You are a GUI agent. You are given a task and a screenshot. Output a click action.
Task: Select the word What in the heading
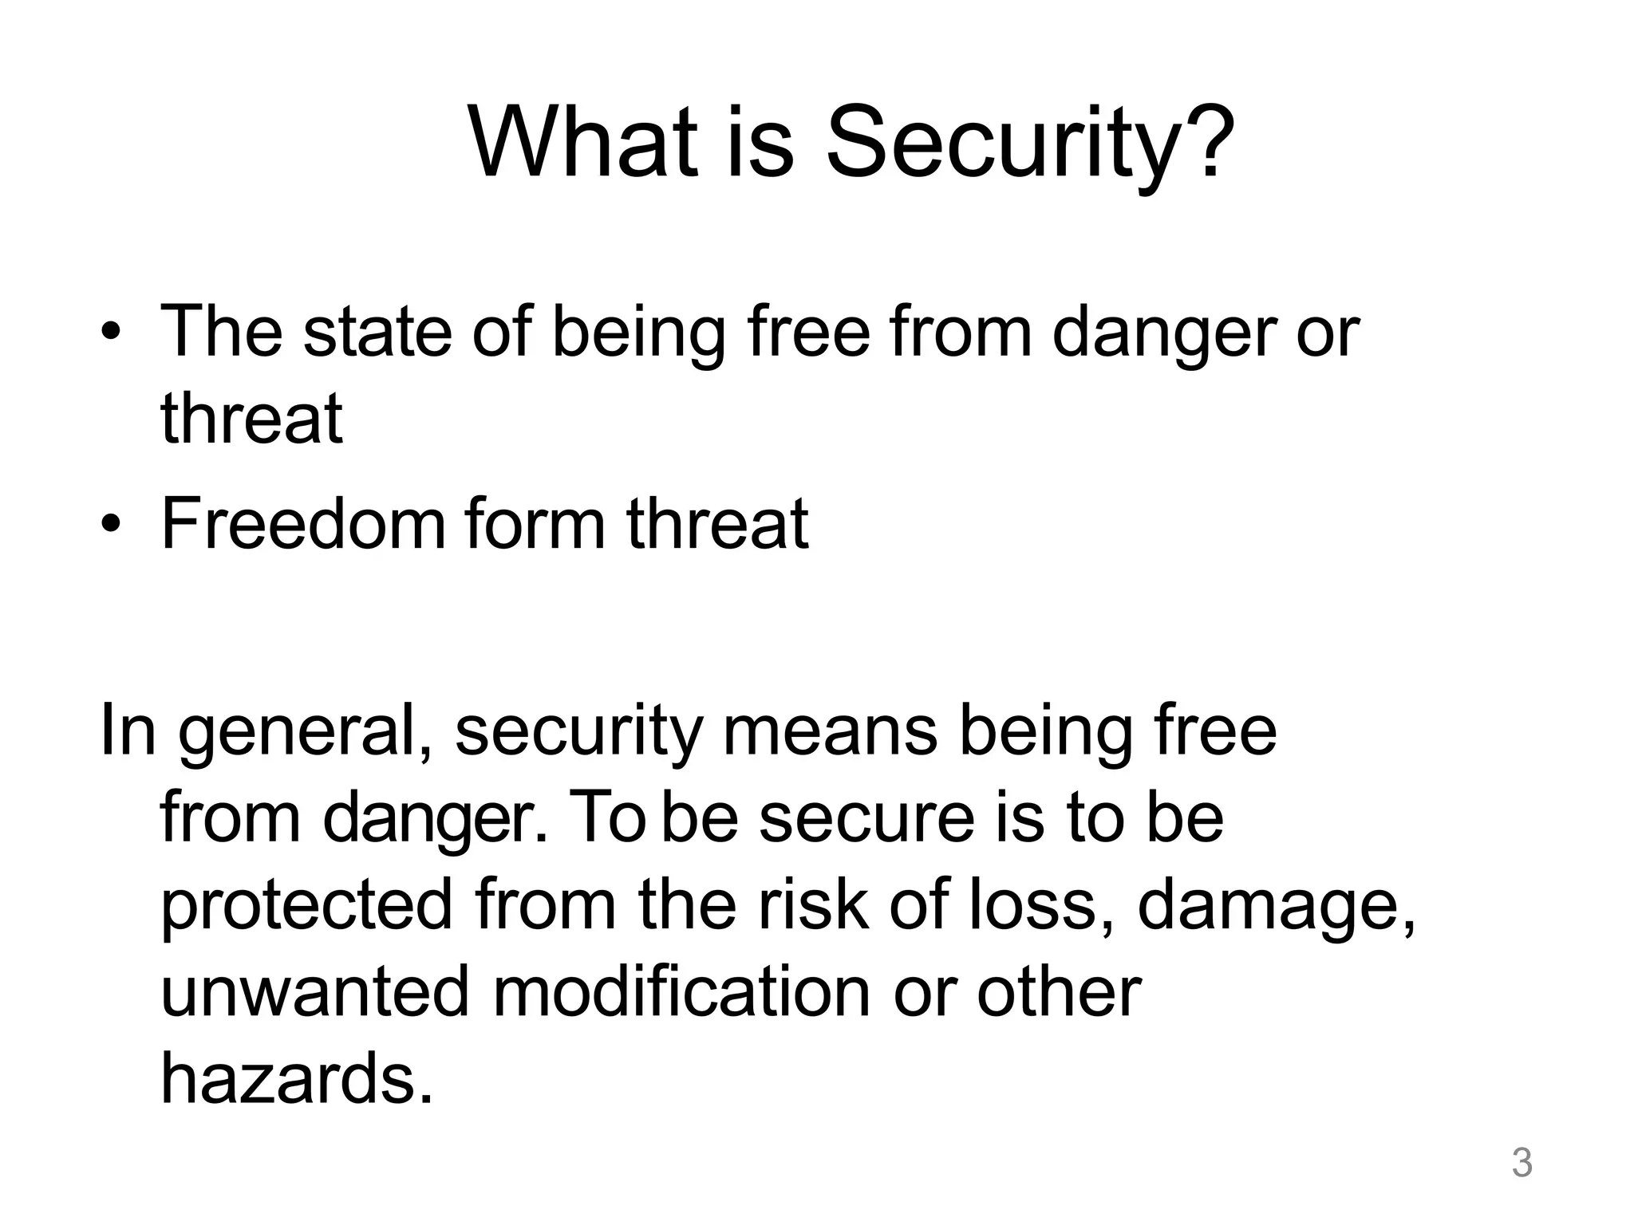(583, 144)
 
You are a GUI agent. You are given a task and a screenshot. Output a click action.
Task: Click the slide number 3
(1522, 1163)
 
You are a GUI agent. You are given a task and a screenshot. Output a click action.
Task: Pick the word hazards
(297, 1078)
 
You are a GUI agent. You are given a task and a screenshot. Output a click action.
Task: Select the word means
(830, 732)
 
